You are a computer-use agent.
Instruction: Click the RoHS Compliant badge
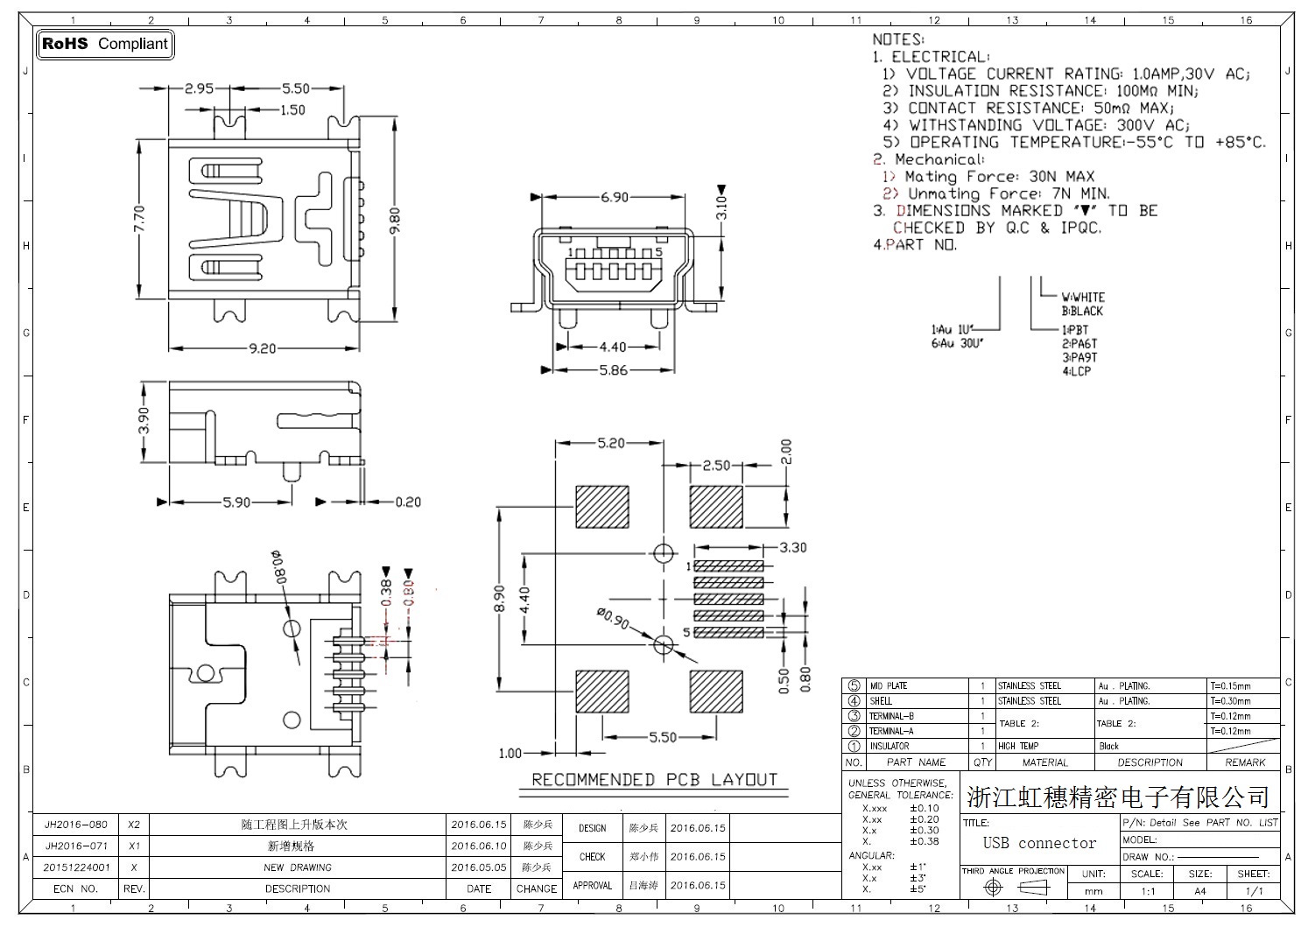point(105,44)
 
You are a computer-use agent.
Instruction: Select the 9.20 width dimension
point(262,348)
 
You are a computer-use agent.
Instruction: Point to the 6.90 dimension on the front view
point(614,197)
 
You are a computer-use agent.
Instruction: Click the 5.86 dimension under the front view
point(613,370)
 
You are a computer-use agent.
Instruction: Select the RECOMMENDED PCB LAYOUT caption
point(654,780)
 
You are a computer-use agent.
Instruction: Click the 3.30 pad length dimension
point(792,548)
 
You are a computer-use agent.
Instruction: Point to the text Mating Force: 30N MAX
point(999,177)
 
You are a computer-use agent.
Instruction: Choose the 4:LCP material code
point(1077,371)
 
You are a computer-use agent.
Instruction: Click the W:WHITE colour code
point(1083,298)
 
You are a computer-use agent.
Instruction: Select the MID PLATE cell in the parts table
point(889,686)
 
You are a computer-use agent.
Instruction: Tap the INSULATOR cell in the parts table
point(889,747)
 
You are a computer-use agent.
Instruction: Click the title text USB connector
point(1039,843)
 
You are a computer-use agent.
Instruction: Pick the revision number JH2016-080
point(76,825)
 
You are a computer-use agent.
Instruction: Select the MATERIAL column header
point(1045,762)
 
